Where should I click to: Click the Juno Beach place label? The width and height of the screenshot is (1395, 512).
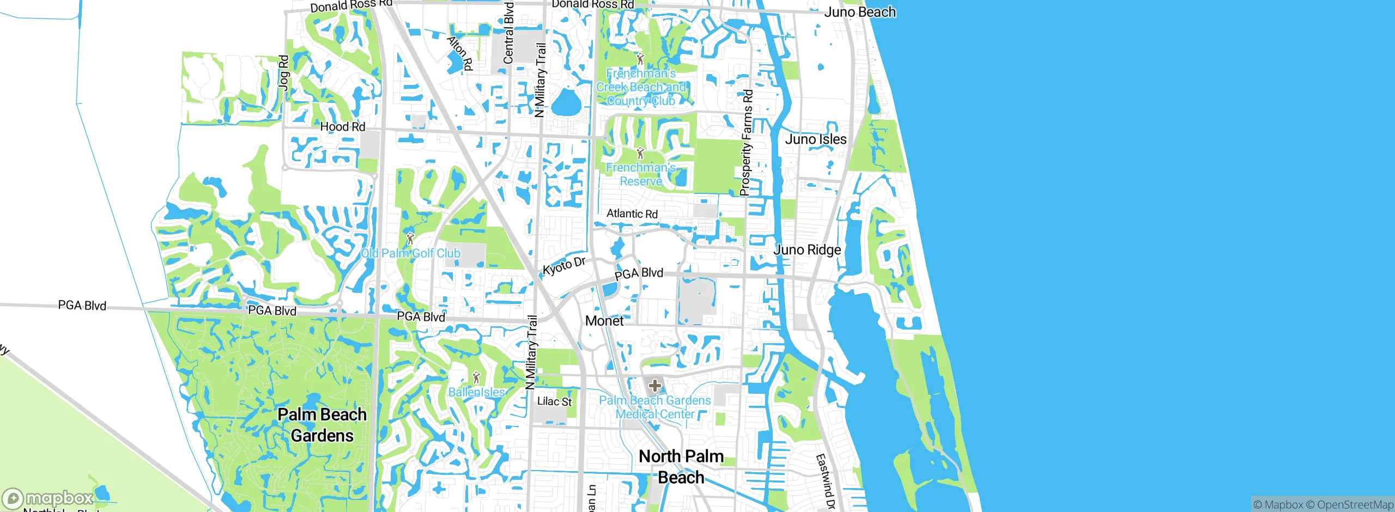859,12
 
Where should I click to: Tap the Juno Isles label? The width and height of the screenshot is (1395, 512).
815,139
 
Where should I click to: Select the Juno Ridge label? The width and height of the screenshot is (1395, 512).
807,250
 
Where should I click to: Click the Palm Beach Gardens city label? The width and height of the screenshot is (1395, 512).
322,425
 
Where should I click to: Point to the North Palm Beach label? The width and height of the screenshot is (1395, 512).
681,467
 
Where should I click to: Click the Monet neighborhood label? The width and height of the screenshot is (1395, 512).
604,321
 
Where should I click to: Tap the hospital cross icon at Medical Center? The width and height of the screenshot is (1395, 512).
654,386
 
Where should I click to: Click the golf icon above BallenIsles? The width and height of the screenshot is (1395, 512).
476,377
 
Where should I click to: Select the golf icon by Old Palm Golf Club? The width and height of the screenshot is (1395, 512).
410,238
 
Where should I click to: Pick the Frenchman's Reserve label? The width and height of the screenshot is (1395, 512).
641,174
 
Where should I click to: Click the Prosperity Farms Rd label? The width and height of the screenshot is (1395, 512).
747,143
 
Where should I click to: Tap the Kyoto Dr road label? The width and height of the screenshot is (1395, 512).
563,266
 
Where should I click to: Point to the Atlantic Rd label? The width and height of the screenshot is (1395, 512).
632,214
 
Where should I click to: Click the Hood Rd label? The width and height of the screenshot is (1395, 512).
342,127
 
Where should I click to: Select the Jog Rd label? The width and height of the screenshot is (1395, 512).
283,71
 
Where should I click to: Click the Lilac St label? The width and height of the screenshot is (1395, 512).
554,401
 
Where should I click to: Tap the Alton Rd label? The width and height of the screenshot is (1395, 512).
460,53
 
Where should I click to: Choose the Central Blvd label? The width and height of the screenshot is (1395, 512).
508,33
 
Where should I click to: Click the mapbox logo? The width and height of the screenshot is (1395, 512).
48,498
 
